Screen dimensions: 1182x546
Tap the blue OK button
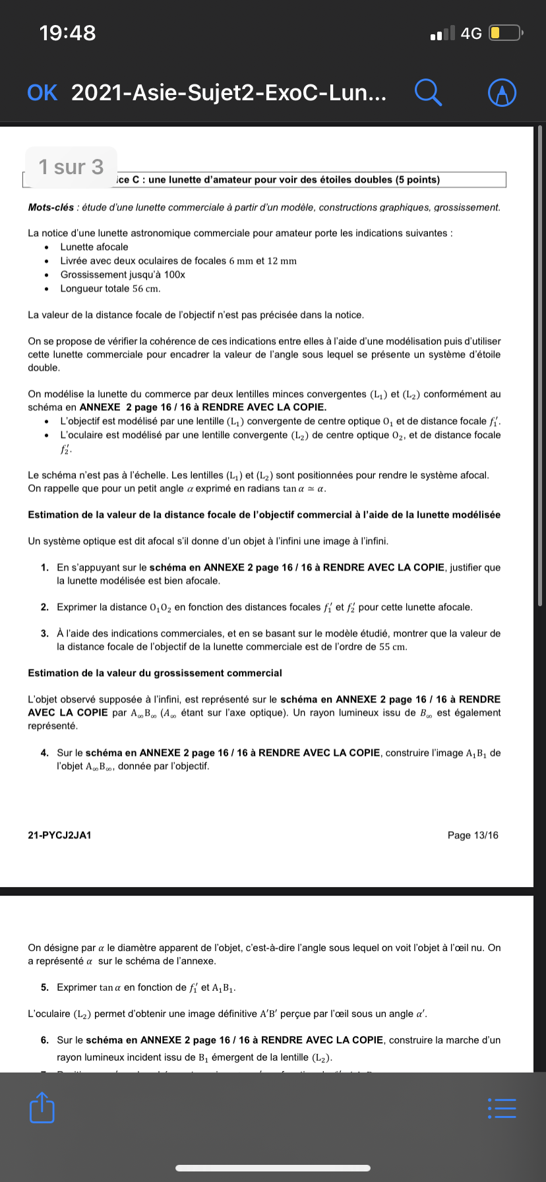click(x=42, y=93)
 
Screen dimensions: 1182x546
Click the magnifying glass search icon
click(x=428, y=92)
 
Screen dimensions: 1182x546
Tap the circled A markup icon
click(x=502, y=93)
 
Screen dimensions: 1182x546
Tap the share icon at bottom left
click(x=42, y=1107)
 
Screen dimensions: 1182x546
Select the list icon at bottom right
click(x=501, y=1108)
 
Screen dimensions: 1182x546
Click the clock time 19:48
click(x=67, y=33)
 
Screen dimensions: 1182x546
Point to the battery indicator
click(x=505, y=33)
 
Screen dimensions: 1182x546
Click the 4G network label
click(x=471, y=34)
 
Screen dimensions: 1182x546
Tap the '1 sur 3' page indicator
click(x=71, y=167)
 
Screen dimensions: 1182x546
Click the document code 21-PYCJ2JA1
click(x=59, y=835)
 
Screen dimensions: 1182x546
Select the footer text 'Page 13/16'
click(x=473, y=835)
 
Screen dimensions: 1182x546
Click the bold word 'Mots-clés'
click(x=51, y=207)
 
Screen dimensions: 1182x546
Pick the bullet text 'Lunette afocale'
click(x=94, y=247)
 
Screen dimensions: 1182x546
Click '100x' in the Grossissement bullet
click(x=175, y=274)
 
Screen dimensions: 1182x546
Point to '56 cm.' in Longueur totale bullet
click(x=146, y=288)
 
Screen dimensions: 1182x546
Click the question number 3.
click(x=44, y=633)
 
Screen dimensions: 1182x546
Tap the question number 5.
click(x=44, y=987)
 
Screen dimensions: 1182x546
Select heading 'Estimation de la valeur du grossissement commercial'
click(x=155, y=673)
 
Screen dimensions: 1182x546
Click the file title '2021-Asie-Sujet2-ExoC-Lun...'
click(x=228, y=93)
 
